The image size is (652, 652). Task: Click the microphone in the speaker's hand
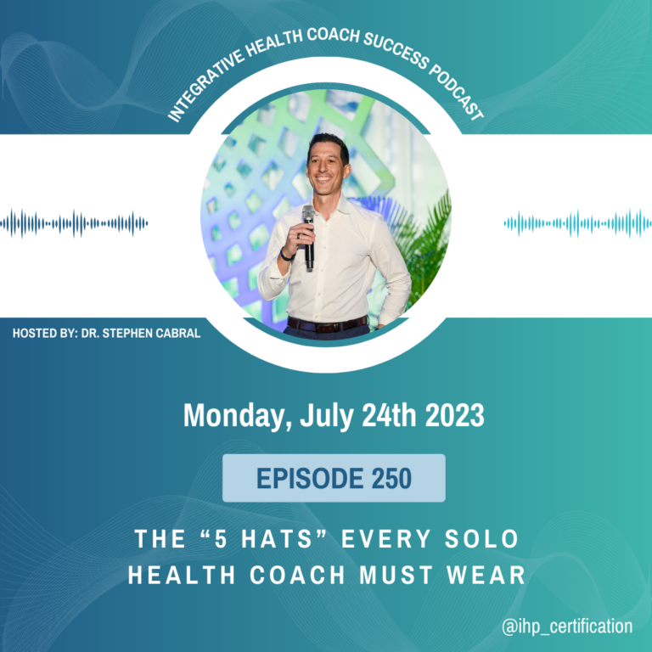click(x=308, y=237)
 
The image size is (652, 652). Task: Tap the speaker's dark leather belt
click(x=327, y=324)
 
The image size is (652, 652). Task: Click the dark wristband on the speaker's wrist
click(x=286, y=256)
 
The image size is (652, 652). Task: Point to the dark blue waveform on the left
click(x=74, y=224)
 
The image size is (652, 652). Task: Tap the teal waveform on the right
click(x=578, y=224)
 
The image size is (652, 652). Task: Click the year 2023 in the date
click(x=454, y=415)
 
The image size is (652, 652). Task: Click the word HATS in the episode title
click(x=277, y=539)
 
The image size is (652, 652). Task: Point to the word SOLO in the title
click(x=481, y=539)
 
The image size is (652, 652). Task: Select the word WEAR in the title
click(x=486, y=575)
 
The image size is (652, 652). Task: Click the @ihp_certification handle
click(x=567, y=627)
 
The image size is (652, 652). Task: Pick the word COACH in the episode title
click(x=297, y=575)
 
